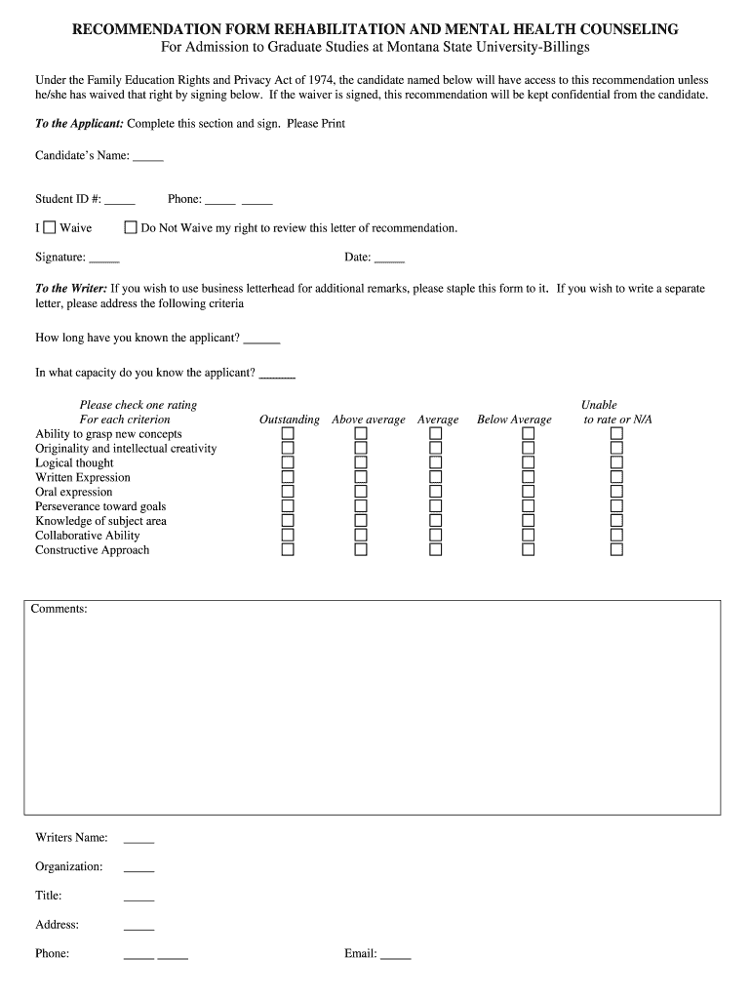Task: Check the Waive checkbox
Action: pos(50,227)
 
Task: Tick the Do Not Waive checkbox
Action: pos(131,227)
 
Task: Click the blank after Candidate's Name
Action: pos(148,157)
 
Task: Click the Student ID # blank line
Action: pos(120,201)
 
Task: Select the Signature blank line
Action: pos(104,260)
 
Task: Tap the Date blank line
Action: pos(389,260)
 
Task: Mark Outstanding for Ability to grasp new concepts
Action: pos(288,433)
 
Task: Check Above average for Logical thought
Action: pos(361,462)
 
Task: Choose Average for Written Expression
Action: pos(435,477)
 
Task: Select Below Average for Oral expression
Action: pos(528,492)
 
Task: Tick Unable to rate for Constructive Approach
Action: pos(616,549)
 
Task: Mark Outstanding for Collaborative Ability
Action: pos(288,535)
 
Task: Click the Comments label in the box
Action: pos(59,609)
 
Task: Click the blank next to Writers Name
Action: pos(138,839)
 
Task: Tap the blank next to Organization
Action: pos(138,868)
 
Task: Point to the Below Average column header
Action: pos(514,420)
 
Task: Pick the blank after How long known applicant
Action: pos(261,340)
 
